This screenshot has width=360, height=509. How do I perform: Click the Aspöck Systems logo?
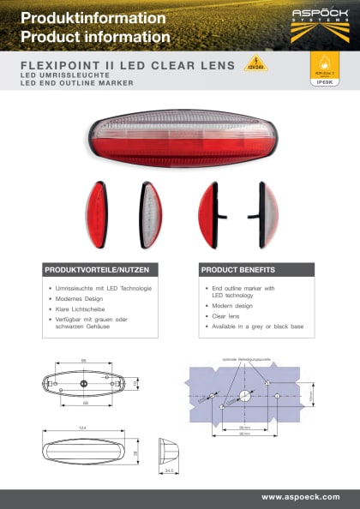click(x=320, y=22)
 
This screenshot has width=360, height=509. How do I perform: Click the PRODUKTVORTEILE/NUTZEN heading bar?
click(x=99, y=269)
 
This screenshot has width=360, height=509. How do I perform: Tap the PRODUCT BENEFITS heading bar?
click(x=255, y=269)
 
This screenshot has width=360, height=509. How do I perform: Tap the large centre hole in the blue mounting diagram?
click(x=243, y=396)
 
